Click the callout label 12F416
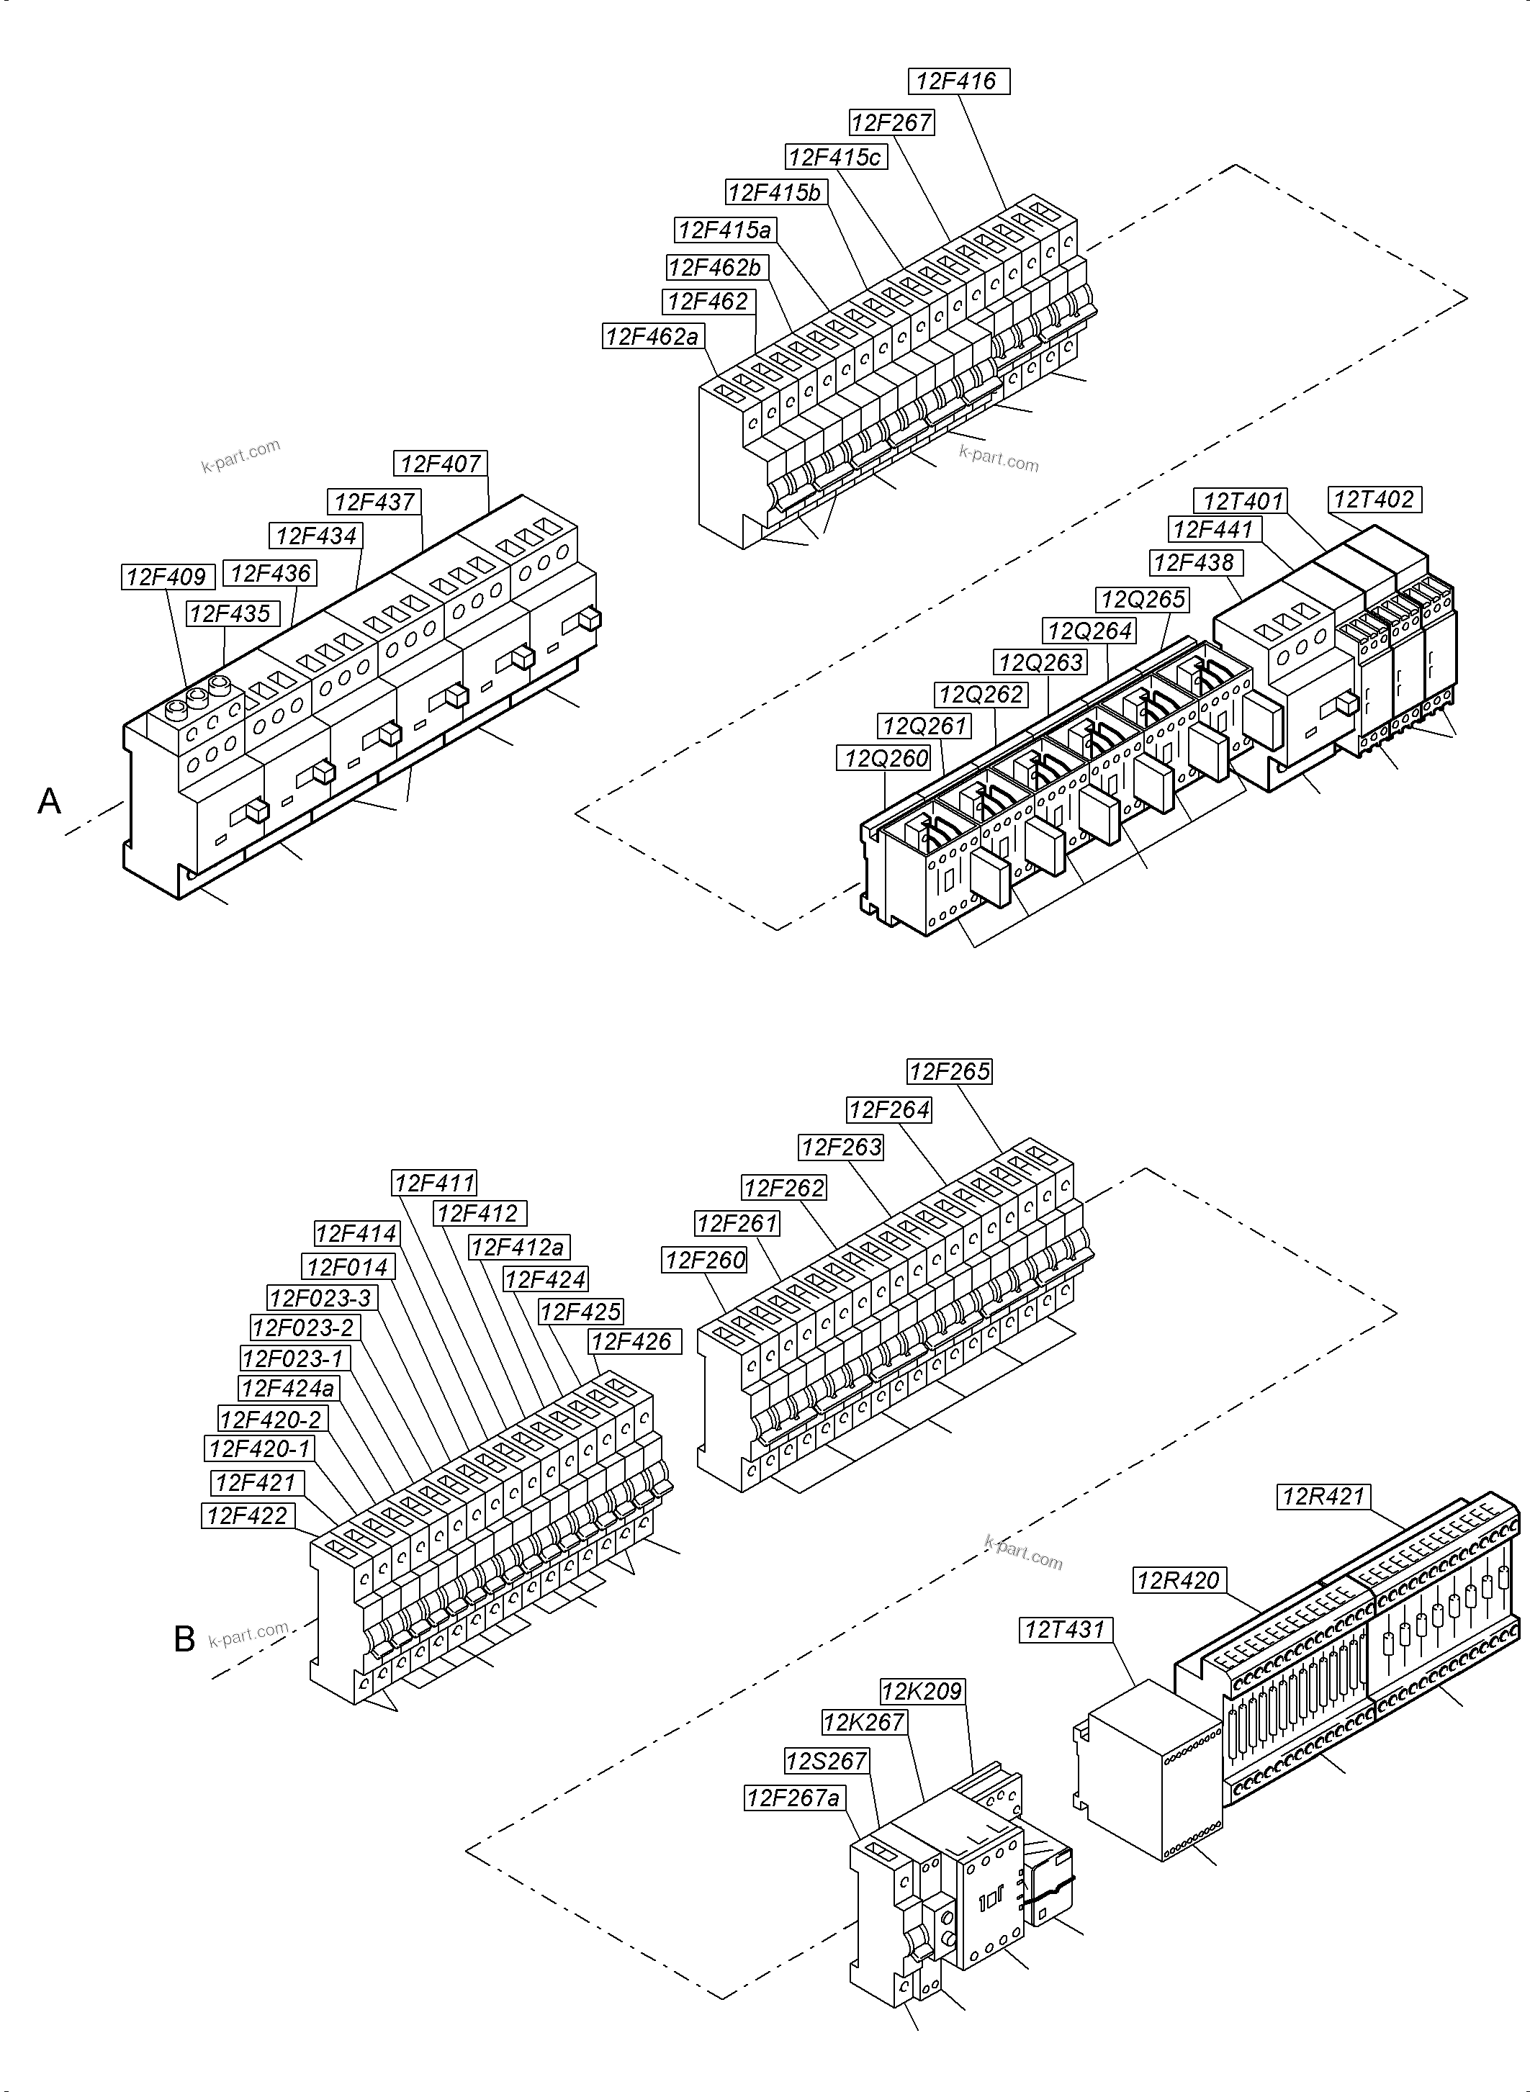[x=958, y=81]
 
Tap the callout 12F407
[x=441, y=464]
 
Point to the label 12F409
[x=168, y=577]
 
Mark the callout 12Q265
[x=1143, y=599]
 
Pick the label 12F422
[x=247, y=1516]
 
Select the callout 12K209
[x=922, y=1691]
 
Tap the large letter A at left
[x=49, y=801]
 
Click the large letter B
[x=184, y=1640]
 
